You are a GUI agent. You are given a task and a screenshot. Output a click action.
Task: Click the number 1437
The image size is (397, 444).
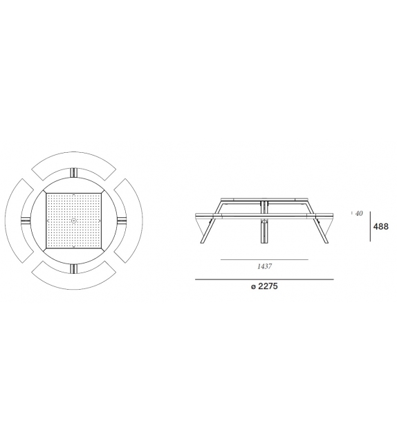(264, 266)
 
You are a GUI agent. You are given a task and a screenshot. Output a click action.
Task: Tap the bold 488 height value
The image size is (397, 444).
(380, 226)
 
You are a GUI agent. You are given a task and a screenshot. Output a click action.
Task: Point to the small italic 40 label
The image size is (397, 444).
(359, 213)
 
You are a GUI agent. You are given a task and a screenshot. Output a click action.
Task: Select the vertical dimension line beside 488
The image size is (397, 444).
(369, 226)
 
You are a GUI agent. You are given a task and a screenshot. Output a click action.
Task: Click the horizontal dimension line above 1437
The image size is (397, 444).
(264, 259)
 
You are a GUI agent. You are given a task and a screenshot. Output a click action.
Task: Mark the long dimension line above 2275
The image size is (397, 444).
(264, 279)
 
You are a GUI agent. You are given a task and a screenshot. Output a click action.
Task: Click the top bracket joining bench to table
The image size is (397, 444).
(74, 174)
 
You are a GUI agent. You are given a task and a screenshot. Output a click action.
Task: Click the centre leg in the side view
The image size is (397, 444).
(264, 231)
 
